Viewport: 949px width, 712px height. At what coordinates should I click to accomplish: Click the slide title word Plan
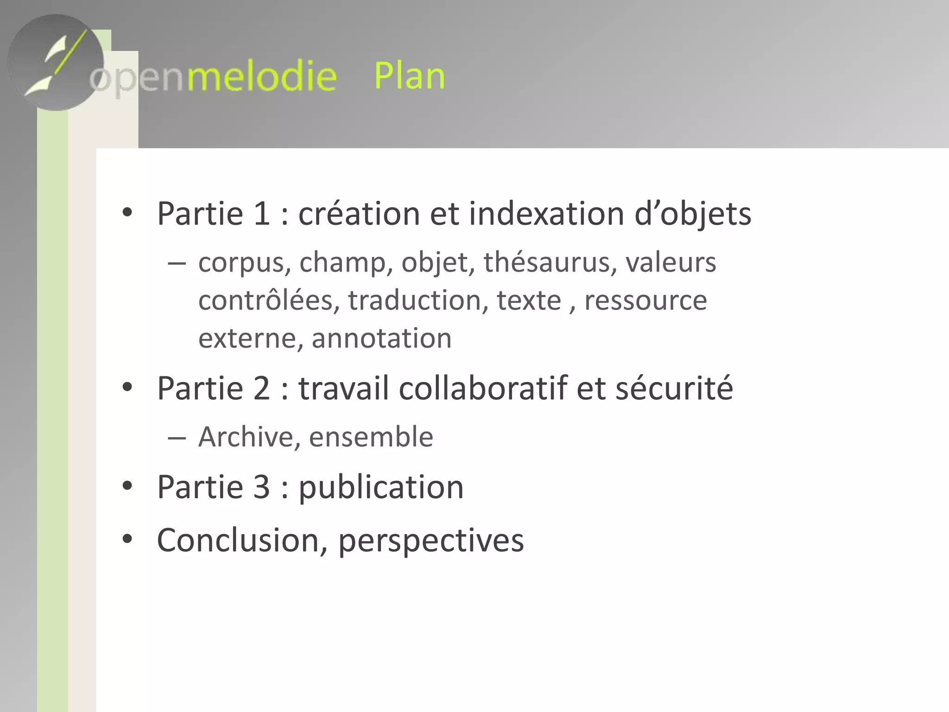pos(409,76)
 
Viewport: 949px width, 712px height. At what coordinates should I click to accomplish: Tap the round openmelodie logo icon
pos(56,63)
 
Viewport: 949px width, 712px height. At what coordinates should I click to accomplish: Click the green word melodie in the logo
pos(261,76)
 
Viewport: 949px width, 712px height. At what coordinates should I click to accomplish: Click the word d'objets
pos(692,215)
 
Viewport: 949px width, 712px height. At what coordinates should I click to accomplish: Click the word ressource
pos(645,300)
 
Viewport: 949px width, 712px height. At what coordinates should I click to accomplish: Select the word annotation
pos(381,338)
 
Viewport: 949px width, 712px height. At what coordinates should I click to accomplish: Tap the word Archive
pos(246,437)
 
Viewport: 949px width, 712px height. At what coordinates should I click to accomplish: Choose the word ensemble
pos(371,437)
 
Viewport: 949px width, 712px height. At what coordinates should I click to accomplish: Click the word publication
pos(381,488)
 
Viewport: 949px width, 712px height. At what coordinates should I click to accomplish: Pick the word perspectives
pos(431,541)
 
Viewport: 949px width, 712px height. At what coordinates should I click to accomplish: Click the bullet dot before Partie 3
pos(127,486)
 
